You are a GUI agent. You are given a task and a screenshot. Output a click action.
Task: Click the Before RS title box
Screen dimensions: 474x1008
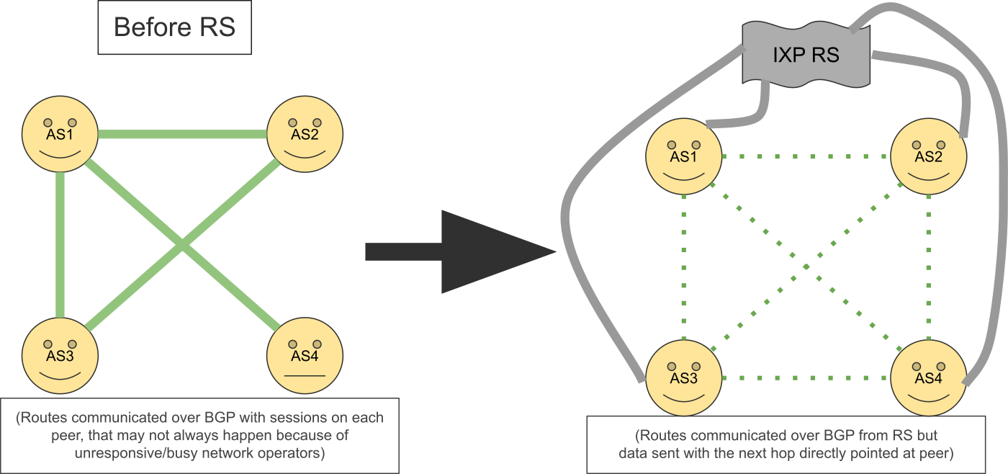click(x=174, y=29)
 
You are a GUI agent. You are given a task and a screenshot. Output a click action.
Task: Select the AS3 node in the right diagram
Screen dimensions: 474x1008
click(x=683, y=377)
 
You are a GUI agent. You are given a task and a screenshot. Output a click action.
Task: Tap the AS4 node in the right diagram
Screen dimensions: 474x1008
click(x=929, y=377)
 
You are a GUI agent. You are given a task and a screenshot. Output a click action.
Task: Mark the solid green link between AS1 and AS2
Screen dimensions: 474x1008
click(x=182, y=134)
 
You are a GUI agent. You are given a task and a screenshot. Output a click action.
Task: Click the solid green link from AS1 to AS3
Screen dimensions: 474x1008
click(x=60, y=245)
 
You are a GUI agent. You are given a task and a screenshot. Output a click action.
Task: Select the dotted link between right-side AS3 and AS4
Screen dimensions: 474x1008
click(x=806, y=378)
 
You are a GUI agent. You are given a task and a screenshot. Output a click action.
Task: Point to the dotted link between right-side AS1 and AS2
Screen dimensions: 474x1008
click(x=806, y=156)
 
